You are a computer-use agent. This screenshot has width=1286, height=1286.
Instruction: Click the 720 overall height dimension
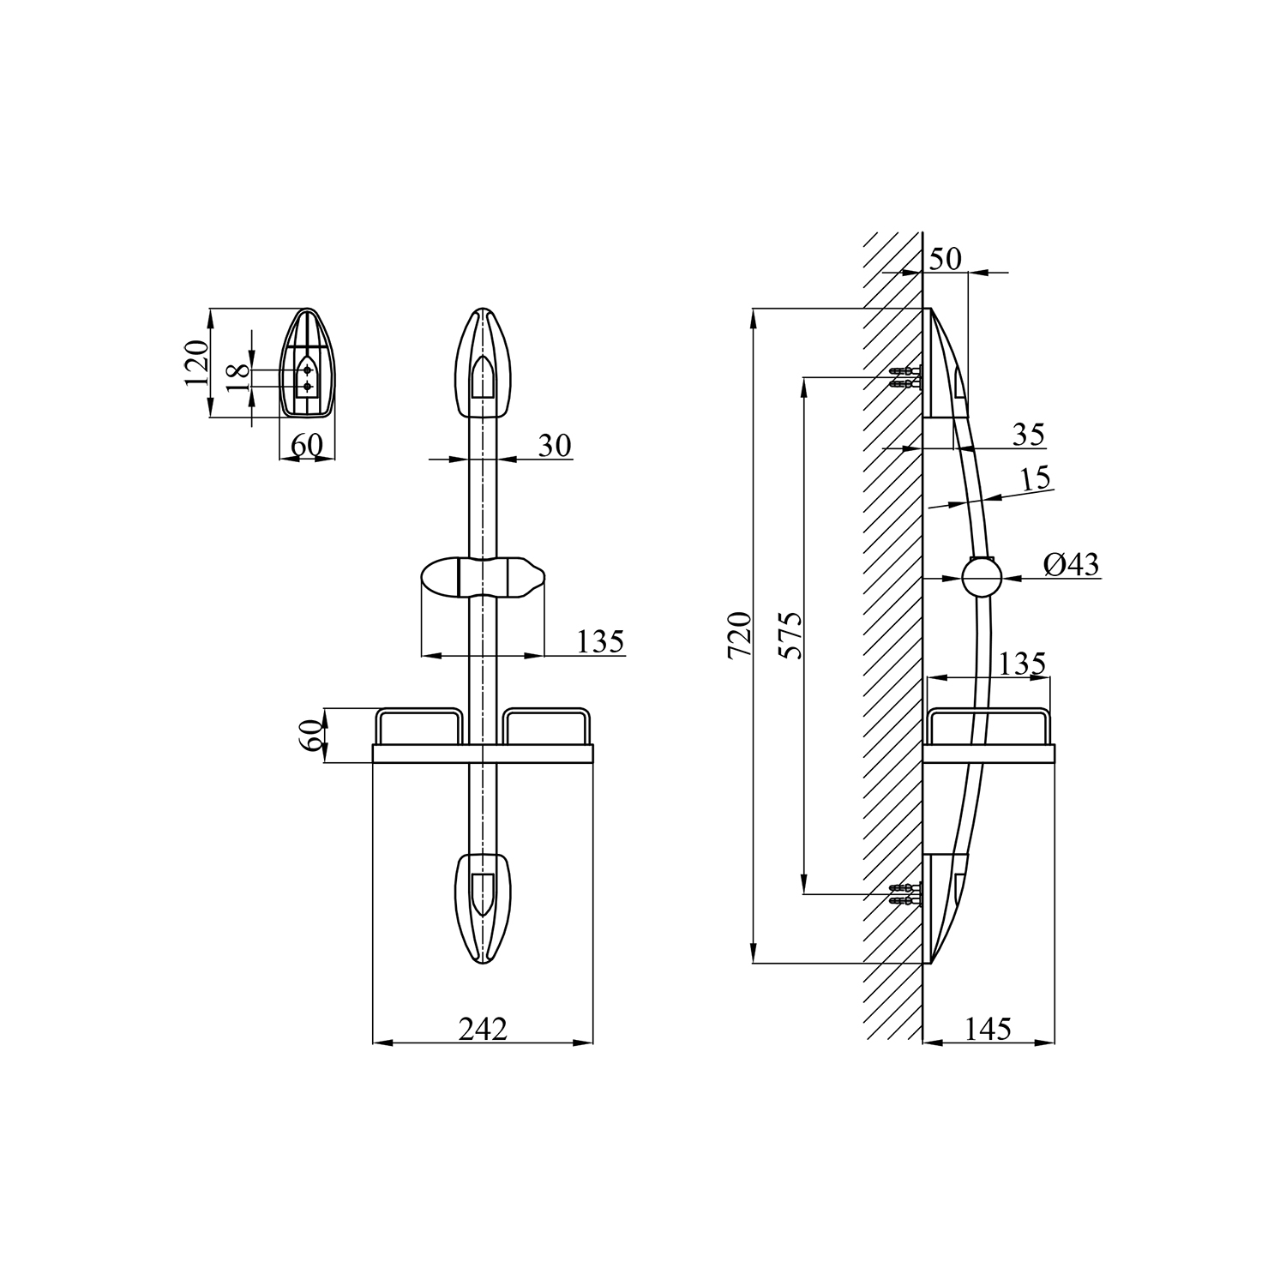[739, 635]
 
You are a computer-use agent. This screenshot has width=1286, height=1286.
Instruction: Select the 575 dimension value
[790, 635]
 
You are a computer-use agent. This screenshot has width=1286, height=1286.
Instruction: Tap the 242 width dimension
[483, 1029]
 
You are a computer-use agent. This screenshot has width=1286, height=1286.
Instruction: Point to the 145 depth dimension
[988, 1029]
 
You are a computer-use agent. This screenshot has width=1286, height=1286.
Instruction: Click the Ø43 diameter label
[1071, 564]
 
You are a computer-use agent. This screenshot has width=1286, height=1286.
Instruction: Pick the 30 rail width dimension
[555, 446]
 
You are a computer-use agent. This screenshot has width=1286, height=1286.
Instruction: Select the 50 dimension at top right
[946, 258]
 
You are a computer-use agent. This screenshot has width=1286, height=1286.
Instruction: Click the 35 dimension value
[1028, 435]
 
